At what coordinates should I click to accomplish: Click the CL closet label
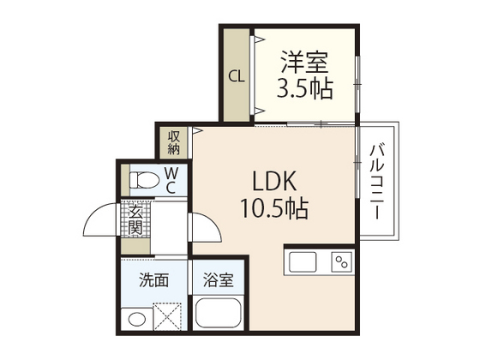pos(236,75)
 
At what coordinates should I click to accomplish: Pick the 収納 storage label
pos(174,142)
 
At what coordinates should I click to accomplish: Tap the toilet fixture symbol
pos(142,181)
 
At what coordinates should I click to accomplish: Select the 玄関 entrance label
pos(135,221)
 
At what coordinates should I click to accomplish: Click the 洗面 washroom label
pos(153,279)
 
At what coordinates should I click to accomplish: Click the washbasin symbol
pos(137,319)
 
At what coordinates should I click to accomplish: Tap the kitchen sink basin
pos(304,261)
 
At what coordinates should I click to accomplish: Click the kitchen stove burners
pos(342,261)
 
